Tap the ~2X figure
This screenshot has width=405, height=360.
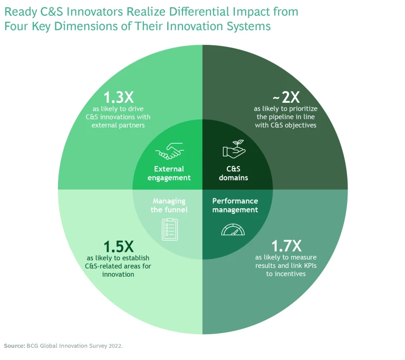coord(285,98)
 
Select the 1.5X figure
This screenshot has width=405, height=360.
coord(118,246)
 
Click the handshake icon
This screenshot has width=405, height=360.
coord(169,151)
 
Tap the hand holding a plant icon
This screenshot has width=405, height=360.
coord(233,150)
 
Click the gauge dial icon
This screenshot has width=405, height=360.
coord(234,230)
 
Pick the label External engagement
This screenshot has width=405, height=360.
coord(169,173)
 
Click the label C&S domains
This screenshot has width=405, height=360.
coord(233,173)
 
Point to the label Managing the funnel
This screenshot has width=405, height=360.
coord(169,205)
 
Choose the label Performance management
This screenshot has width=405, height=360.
coord(235,205)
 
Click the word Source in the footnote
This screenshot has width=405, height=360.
coord(14,346)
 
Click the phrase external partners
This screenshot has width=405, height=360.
coord(118,125)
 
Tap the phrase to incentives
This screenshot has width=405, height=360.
coord(286,274)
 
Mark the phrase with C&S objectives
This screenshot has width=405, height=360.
coord(286,125)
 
